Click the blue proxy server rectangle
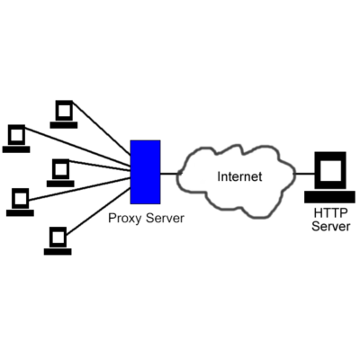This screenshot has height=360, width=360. (146, 172)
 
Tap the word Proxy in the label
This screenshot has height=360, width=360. (124, 219)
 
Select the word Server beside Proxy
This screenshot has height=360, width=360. (165, 218)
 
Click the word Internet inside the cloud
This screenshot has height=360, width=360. (239, 176)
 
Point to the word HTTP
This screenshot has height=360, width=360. (330, 213)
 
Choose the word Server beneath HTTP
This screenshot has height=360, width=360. (330, 226)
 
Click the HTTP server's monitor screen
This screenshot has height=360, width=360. (330, 171)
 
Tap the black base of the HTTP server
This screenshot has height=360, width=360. (329, 197)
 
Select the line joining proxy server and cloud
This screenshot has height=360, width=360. (170, 174)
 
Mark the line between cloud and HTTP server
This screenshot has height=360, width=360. (304, 174)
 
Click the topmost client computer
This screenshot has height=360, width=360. (64, 114)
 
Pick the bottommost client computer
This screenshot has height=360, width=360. (58, 241)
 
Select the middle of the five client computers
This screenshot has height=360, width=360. (60, 173)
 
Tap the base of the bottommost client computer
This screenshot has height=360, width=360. (58, 252)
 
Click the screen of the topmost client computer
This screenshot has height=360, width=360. (64, 111)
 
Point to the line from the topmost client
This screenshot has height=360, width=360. (102, 128)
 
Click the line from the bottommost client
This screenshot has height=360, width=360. (98, 211)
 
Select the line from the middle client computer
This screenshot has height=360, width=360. (100, 166)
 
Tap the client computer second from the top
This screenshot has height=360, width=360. (16, 139)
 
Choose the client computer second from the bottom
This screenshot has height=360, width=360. (20, 202)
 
